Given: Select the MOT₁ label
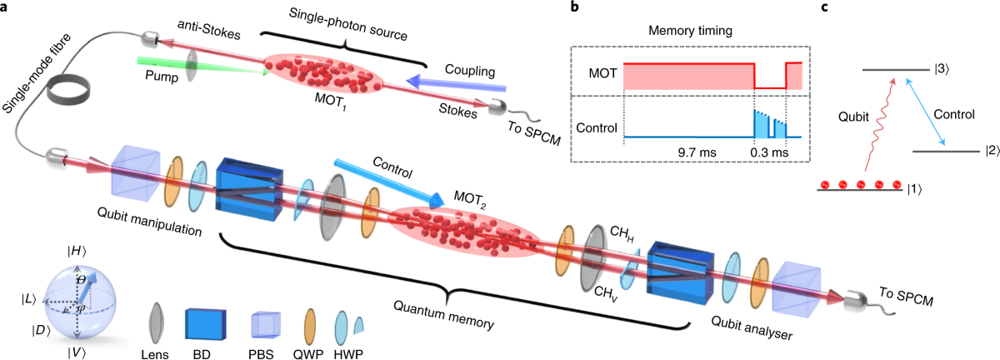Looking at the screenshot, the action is pos(331,102).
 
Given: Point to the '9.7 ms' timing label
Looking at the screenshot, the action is pos(697,152).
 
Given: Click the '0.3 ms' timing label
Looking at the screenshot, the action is pos(769,152).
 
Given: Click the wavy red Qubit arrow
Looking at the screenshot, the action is pos(879,125).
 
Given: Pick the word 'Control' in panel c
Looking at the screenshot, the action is pos(954,115).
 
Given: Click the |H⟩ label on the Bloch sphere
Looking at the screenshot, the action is pos(77,252).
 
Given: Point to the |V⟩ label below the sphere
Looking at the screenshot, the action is pos(77,352).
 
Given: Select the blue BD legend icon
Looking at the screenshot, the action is pos(205,324).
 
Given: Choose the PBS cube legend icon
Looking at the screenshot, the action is pos(265,324).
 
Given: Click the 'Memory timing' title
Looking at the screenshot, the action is pos(690,31).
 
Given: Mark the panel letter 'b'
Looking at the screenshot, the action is pos(574,7).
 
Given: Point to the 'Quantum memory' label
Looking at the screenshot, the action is pos(443,314).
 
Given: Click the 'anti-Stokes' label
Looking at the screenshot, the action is pos(209,29).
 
